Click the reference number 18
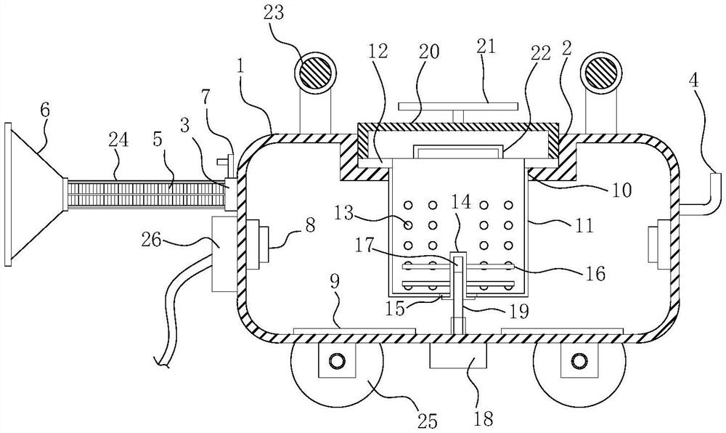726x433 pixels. pyautogui.click(x=462, y=418)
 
